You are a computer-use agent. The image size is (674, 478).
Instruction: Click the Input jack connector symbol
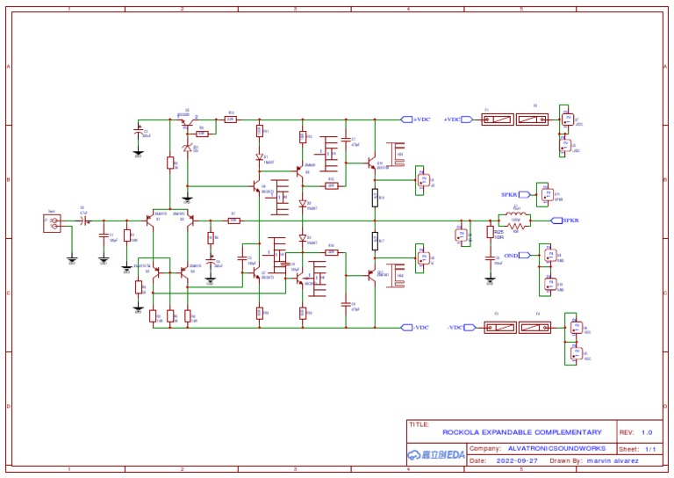52,223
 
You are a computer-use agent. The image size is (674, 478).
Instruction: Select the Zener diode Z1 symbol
186,148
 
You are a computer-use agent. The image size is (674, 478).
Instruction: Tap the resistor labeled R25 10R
490,232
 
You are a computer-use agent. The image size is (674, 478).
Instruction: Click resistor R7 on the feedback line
233,220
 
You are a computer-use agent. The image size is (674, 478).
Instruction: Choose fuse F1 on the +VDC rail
499,119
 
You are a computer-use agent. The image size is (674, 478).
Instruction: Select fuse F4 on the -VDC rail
535,327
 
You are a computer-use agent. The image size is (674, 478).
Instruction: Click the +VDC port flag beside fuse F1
466,119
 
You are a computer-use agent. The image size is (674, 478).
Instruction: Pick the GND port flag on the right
525,255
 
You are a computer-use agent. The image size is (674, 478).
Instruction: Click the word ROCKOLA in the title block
461,432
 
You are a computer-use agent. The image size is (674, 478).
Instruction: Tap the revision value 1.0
647,432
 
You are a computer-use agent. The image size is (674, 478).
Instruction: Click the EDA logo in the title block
436,454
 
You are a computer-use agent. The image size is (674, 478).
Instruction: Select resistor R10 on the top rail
230,119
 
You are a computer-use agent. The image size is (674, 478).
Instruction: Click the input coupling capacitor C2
84,220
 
